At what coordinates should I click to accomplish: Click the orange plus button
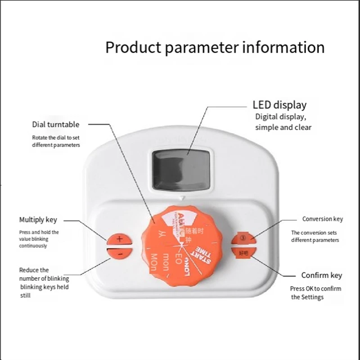119,239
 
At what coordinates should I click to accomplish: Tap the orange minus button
119,253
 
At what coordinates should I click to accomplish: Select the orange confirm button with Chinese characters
243,253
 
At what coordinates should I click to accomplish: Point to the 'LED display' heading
279,105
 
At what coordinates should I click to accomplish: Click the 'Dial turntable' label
55,124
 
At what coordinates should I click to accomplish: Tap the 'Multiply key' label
38,220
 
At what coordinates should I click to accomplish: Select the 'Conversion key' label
322,219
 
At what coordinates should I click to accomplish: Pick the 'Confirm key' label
321,275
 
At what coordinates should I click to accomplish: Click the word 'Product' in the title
134,47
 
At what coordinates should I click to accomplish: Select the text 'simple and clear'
283,127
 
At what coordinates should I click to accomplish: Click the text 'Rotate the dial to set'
55,138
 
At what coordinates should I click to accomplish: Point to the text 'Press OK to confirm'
315,288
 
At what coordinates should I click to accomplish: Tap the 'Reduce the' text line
34,270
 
